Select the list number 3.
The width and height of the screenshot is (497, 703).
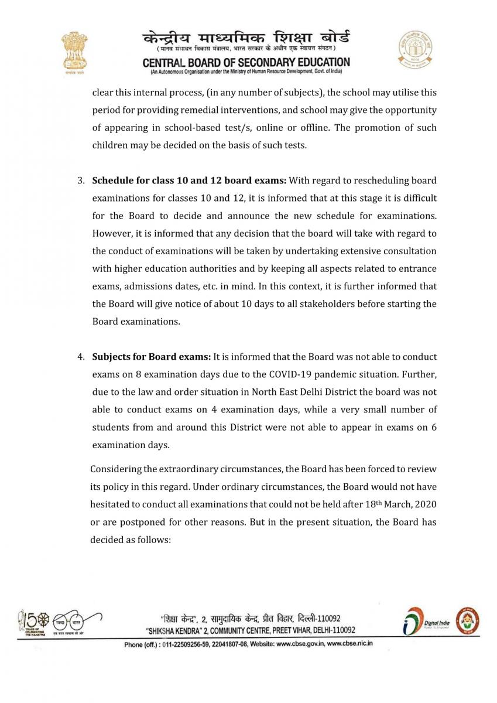[x=81, y=180]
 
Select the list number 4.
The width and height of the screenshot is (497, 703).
[x=81, y=357]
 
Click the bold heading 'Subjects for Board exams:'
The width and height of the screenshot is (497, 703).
[x=152, y=357]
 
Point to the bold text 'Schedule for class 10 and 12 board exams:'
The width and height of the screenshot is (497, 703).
[x=189, y=180]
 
